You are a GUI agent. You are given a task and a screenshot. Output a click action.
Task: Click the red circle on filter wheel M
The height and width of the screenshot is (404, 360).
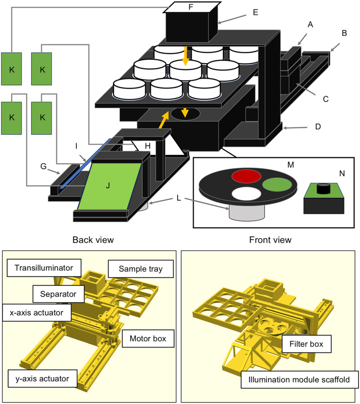coord(246,176)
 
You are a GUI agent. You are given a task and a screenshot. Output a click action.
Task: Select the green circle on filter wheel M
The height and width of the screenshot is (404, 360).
coord(277,185)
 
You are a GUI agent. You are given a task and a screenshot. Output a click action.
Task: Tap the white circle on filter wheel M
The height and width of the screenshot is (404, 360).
coord(246,194)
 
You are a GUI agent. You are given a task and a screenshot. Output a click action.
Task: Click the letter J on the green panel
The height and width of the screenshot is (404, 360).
coord(108,185)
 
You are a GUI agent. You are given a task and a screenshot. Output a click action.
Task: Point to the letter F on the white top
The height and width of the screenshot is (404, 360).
coord(190,7)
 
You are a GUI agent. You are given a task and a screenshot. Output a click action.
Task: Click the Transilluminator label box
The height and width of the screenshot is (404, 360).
coord(44,268)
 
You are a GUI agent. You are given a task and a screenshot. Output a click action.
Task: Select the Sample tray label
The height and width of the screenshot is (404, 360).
coord(140,269)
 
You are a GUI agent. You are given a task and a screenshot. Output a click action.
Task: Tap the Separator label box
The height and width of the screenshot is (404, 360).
coord(58,294)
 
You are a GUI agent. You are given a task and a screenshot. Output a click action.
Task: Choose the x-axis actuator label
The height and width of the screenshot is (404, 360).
coord(37,313)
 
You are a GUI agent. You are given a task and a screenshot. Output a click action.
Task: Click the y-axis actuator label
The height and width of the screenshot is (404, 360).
coord(42,379)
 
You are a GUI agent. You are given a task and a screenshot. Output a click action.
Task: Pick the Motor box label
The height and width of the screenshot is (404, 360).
coord(148,338)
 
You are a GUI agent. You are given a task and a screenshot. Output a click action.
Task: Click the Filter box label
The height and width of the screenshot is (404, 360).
coord(306,344)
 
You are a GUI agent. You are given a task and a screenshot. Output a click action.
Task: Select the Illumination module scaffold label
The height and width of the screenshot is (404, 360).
coord(299,380)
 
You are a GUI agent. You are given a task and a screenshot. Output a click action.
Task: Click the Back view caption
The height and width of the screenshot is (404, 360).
coord(93,240)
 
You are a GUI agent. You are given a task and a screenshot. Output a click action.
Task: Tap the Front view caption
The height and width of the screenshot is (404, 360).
coord(270,240)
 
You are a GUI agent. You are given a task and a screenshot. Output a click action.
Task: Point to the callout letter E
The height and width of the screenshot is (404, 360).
coord(255,12)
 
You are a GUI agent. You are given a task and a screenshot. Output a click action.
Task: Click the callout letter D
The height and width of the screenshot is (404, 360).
coord(318,127)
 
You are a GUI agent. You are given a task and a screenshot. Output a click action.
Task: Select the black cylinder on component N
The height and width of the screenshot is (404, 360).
coord(324,189)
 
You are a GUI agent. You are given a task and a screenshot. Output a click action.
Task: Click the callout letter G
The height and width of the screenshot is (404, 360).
coord(43,166)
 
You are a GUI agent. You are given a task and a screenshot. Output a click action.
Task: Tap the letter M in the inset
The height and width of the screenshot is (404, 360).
coord(291,165)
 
